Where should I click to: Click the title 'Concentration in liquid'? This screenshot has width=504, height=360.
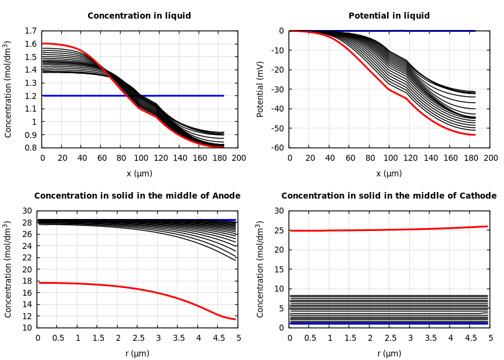139,16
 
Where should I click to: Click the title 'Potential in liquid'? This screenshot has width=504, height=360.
389,16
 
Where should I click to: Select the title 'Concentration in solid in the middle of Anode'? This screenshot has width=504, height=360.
137,196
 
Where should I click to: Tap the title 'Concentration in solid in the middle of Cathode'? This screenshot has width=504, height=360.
389,196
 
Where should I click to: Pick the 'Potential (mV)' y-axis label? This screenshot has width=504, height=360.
260,89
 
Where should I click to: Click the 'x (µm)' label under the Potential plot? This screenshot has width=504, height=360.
389,173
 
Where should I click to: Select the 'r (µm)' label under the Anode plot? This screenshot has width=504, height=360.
137,353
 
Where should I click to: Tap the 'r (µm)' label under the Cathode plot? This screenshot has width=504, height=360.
389,353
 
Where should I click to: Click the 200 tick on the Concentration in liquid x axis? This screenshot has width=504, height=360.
238,158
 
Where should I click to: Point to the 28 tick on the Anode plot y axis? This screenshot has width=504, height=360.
27,223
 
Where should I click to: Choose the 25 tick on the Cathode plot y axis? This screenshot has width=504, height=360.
279,230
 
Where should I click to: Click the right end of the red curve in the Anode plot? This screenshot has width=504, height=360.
235,319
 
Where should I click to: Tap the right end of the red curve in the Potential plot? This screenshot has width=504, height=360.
475,135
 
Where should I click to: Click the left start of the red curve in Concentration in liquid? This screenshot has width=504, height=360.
43,43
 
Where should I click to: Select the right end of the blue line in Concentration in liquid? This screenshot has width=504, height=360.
223,95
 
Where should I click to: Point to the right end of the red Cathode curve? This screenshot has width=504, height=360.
487,226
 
